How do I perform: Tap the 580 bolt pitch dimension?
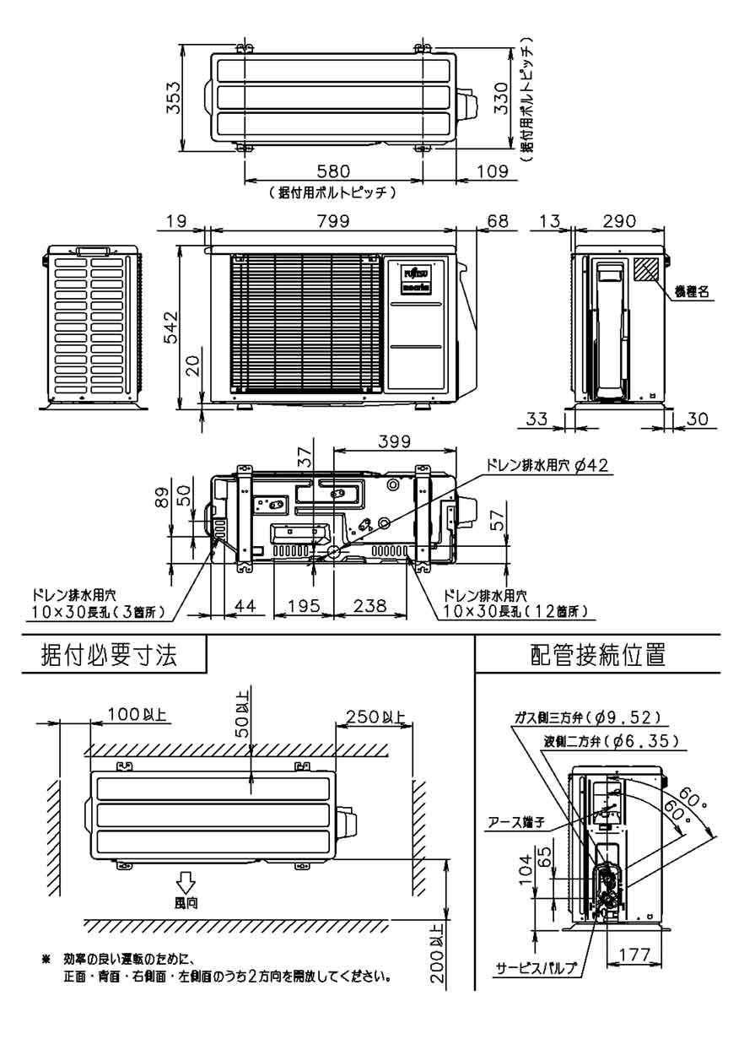click(334, 173)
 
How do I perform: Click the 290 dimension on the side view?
click(622, 220)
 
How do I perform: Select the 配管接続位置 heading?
click(595, 656)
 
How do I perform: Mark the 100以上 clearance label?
click(138, 716)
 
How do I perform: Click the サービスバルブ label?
click(537, 968)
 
